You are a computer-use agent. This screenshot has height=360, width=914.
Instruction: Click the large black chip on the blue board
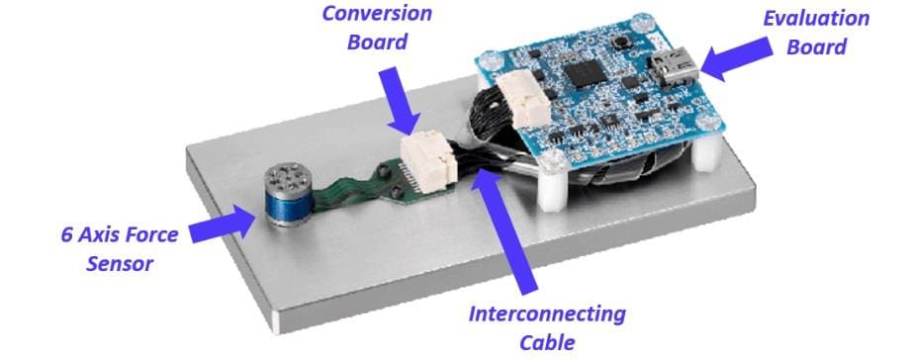(589, 71)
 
